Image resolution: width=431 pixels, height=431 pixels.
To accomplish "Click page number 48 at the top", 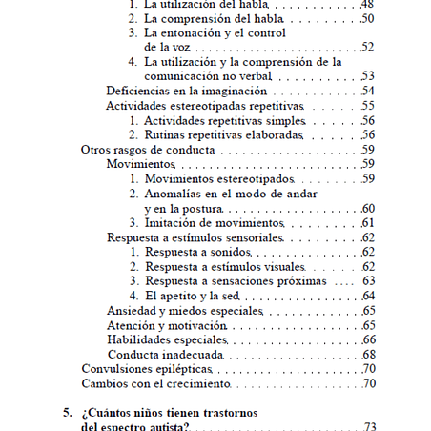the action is point(368,4).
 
